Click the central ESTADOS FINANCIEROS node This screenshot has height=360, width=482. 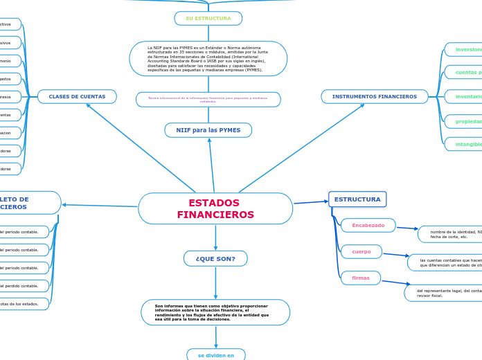(x=215, y=208)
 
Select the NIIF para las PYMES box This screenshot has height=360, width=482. (x=208, y=130)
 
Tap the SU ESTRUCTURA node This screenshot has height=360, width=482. (x=208, y=18)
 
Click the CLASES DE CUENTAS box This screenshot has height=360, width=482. (x=77, y=97)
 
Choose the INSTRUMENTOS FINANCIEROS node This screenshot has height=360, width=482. (x=374, y=97)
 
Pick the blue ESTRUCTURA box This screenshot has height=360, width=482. (x=357, y=199)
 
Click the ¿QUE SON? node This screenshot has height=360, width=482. (x=215, y=259)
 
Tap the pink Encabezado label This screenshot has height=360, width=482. (x=368, y=226)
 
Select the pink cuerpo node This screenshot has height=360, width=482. (x=361, y=251)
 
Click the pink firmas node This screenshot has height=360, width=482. (x=361, y=278)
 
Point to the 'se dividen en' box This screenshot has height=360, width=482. (x=216, y=355)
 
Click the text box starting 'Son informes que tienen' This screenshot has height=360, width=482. (x=215, y=312)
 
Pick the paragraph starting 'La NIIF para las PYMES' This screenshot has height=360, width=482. (x=208, y=59)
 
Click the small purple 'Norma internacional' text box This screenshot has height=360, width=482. (x=208, y=100)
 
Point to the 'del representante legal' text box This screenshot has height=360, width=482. (x=443, y=293)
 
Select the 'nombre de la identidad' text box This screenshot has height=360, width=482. (x=450, y=234)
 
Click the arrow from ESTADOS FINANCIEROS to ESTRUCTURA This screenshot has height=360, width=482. (x=310, y=202)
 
